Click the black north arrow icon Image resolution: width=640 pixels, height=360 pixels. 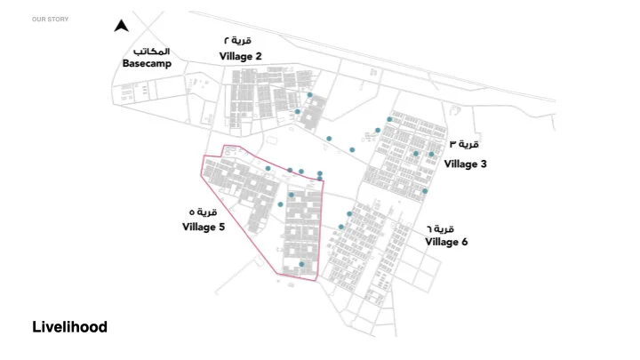coord(122,26)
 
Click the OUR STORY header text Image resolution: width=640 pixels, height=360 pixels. coord(50,19)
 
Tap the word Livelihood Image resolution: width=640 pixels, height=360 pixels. coord(69,327)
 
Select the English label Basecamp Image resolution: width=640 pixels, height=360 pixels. coord(147,64)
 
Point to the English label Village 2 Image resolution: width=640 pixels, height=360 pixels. coord(240,56)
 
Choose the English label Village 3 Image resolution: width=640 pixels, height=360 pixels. coord(465,164)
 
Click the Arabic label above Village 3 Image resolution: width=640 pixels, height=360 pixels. coord(464,144)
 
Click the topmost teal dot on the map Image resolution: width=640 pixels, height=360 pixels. coord(309,95)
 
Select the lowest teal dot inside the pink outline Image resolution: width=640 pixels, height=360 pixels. coord(302,264)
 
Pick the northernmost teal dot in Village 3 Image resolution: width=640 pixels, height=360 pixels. coord(389,119)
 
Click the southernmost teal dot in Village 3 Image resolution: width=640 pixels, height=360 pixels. coord(425,190)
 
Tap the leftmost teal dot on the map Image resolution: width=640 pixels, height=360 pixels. coord(268,168)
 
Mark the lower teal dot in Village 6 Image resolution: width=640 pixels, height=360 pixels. coord(341,227)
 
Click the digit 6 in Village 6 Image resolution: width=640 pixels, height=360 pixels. coord(464,242)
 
